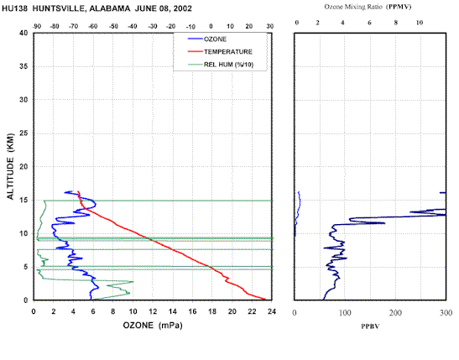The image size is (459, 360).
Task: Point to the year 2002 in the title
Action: point(183,8)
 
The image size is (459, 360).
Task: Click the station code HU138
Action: point(14,8)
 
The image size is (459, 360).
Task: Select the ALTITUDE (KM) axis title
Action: point(10,166)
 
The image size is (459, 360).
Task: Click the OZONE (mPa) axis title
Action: point(153,325)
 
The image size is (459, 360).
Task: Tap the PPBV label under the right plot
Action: point(370,326)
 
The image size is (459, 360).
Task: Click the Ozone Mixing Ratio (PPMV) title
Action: point(368,7)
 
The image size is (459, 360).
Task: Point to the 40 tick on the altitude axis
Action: point(23,33)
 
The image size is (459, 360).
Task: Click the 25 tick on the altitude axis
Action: point(23,133)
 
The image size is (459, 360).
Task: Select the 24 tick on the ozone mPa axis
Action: point(272,311)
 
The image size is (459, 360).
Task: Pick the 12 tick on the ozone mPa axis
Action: point(153,311)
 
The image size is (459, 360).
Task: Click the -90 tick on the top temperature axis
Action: point(37,26)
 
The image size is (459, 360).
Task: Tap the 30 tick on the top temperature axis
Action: point(270,26)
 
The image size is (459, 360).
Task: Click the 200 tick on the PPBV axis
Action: point(395,313)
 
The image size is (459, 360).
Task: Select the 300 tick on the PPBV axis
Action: point(446,313)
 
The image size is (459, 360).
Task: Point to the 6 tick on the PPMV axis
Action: point(369,23)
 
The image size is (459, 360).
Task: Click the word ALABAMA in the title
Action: point(110,8)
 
